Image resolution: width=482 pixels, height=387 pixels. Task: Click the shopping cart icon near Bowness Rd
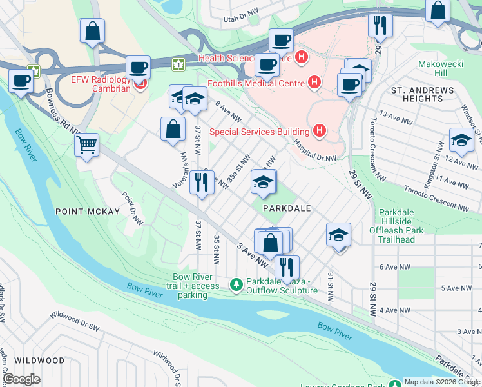[x=86, y=144]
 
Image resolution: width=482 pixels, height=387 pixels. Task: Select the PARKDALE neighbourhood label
[x=287, y=208]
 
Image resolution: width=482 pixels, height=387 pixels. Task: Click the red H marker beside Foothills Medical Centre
[x=314, y=83]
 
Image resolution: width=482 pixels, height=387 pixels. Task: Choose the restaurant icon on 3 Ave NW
[x=287, y=266]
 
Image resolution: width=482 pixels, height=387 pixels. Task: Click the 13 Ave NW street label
[x=395, y=114]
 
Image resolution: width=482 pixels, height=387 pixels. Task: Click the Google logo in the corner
[x=21, y=379]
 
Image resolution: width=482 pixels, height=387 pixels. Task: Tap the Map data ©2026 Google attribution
[x=442, y=382]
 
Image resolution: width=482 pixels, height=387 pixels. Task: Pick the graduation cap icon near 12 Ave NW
[x=461, y=139]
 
